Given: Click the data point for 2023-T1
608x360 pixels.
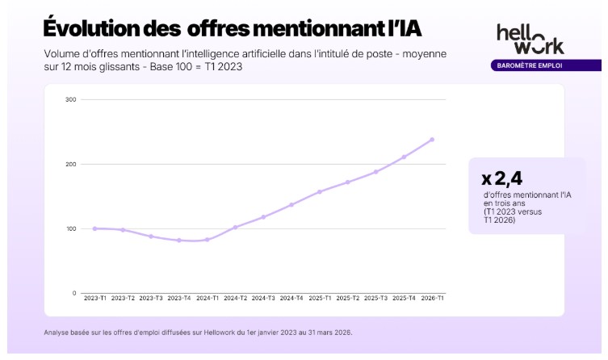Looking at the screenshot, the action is pyautogui.click(x=95, y=228).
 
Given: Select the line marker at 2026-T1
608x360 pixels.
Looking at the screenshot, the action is pyautogui.click(x=432, y=140).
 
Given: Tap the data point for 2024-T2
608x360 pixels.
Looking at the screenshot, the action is pyautogui.click(x=235, y=228).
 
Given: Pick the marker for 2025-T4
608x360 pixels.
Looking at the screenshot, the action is pyautogui.click(x=404, y=157).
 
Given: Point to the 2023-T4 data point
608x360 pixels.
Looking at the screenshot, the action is pyautogui.click(x=179, y=241).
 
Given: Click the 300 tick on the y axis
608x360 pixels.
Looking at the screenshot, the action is pyautogui.click(x=71, y=99).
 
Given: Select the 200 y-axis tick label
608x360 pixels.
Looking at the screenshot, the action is pyautogui.click(x=71, y=165).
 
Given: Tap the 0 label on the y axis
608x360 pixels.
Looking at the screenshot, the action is pyautogui.click(x=74, y=293).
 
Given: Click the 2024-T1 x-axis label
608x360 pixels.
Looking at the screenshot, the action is pyautogui.click(x=208, y=298).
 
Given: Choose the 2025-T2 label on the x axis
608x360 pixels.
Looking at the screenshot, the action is pyautogui.click(x=348, y=298).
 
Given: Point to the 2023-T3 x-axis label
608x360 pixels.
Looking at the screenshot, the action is pyautogui.click(x=151, y=298).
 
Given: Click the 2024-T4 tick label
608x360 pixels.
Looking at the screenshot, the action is pyautogui.click(x=291, y=298).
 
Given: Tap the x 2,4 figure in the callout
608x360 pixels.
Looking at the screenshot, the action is pyautogui.click(x=501, y=178).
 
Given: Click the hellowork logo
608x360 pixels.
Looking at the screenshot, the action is pyautogui.click(x=530, y=39).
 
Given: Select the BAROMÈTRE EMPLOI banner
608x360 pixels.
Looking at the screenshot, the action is pyautogui.click(x=546, y=65).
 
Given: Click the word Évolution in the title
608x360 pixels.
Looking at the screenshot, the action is pyautogui.click(x=91, y=28).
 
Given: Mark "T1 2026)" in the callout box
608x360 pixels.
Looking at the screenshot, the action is pyautogui.click(x=500, y=220).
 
